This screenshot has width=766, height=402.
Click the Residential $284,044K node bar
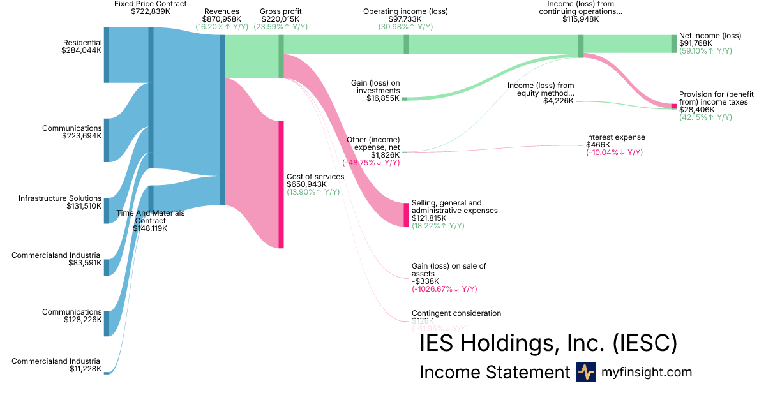click(x=107, y=55)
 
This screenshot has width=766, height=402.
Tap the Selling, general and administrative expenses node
click(x=406, y=214)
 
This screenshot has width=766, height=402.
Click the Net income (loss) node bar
click(x=673, y=43)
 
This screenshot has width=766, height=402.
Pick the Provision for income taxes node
click(x=673, y=106)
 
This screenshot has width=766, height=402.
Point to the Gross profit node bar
click(x=281, y=56)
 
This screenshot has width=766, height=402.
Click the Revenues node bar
click(x=222, y=119)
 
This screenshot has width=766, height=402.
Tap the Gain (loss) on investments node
click(x=404, y=99)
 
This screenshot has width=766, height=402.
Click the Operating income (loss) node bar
click(x=406, y=44)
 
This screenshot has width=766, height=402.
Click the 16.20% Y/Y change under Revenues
click(x=222, y=27)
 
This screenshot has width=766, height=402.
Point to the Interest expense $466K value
click(x=599, y=145)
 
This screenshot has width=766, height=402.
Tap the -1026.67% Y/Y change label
click(x=444, y=289)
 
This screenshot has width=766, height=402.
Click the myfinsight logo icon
click(x=585, y=372)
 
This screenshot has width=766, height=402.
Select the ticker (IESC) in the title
click(x=644, y=344)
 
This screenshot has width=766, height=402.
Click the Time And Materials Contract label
click(x=150, y=217)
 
